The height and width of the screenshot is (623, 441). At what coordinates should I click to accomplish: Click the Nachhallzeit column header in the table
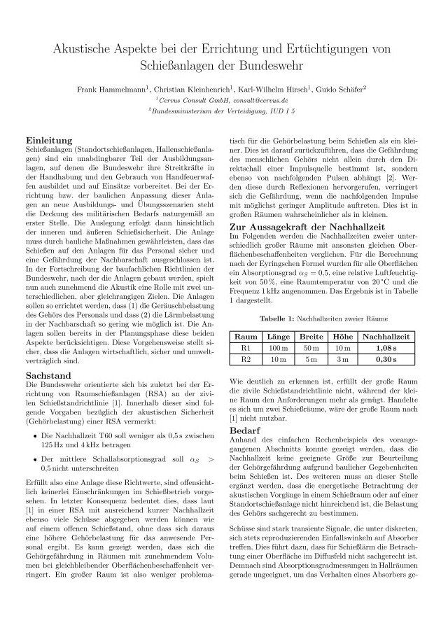385,337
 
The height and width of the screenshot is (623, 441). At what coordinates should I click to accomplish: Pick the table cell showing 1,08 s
385,348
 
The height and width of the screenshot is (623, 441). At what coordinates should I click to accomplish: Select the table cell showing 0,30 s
385,359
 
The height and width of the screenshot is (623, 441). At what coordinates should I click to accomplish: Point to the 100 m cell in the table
279,348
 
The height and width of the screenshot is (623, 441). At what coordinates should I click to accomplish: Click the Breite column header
311,337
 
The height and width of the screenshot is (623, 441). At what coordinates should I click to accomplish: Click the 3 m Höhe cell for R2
343,359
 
